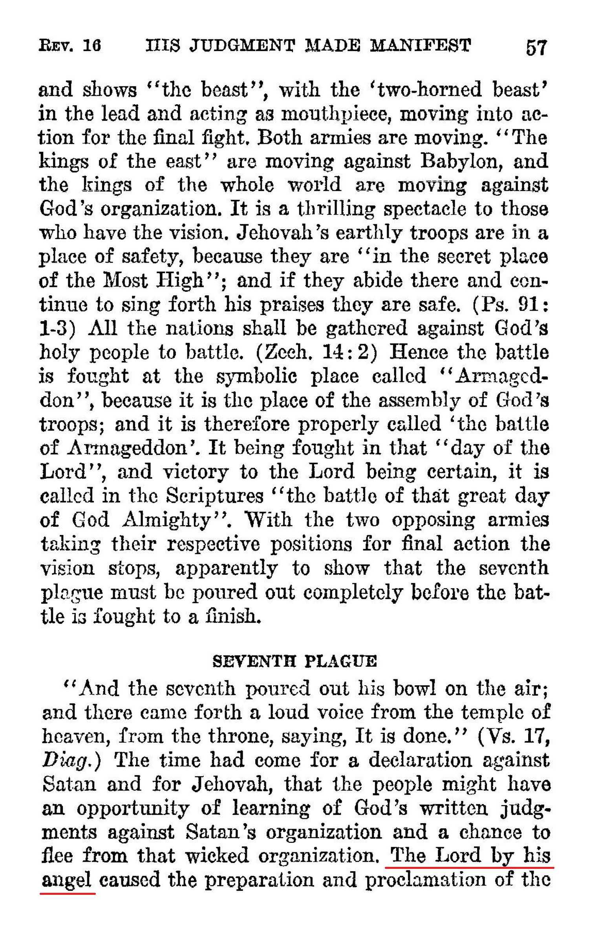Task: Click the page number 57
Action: coord(536,48)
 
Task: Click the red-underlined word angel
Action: coord(67,880)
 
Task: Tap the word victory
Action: coord(195,472)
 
